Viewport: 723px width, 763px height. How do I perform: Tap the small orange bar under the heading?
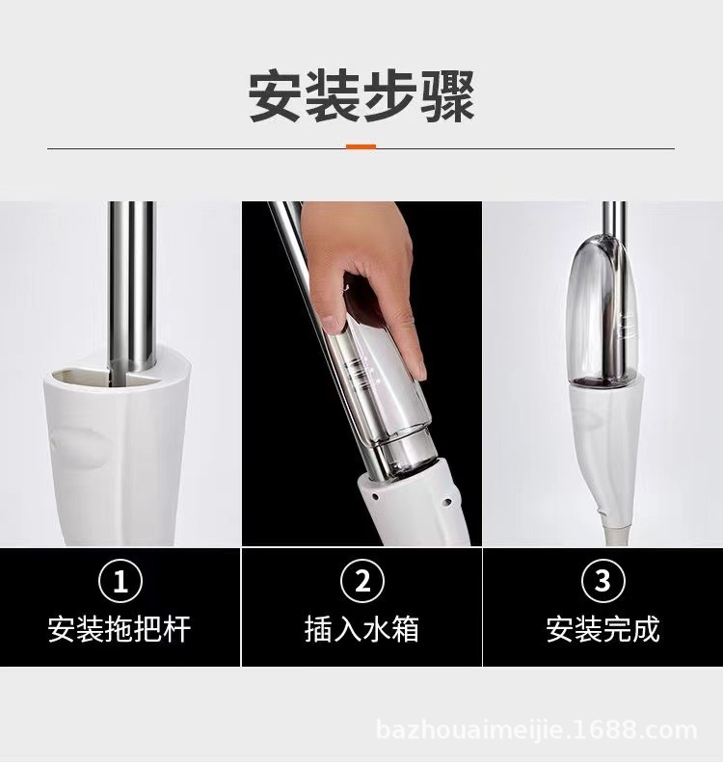click(361, 147)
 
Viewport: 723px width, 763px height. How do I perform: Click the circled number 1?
click(120, 582)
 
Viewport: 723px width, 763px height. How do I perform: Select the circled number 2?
click(362, 582)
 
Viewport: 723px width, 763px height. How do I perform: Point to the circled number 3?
click(602, 582)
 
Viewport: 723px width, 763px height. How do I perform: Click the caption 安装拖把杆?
click(120, 630)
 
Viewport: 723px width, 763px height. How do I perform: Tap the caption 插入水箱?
click(362, 630)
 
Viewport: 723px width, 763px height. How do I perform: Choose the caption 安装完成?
click(602, 630)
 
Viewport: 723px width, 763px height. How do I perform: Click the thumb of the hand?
click(333, 308)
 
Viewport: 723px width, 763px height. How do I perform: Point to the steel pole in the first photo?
click(131, 279)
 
